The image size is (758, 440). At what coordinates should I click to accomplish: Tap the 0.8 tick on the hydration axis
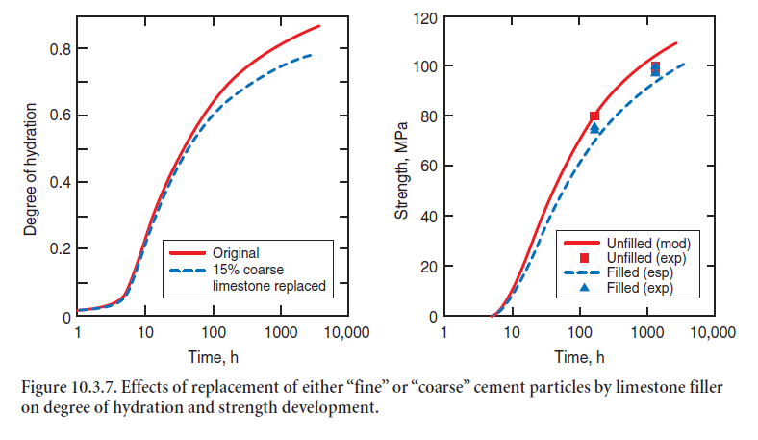[x=58, y=49]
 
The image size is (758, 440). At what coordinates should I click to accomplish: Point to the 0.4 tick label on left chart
[x=58, y=183]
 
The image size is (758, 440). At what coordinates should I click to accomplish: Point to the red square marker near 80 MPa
[x=594, y=116]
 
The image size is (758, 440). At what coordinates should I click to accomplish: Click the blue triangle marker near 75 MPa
[x=594, y=128]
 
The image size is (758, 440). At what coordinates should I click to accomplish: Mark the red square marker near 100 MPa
[x=655, y=67]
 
